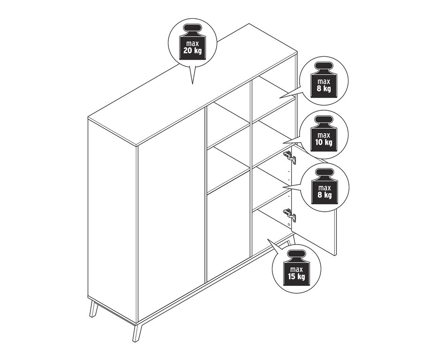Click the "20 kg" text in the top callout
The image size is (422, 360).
point(192,50)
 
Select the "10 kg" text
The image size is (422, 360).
point(324,142)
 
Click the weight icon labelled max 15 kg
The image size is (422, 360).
point(296,268)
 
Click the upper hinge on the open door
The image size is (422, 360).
point(290,157)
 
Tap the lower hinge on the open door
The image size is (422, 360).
point(290,215)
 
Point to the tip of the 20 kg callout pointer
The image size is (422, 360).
point(192,84)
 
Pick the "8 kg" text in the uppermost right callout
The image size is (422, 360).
point(324,88)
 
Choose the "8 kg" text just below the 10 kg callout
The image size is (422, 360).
point(324,195)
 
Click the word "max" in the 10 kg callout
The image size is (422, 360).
point(324,135)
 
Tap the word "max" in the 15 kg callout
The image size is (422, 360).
point(296,269)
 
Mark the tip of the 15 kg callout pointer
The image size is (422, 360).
point(267,238)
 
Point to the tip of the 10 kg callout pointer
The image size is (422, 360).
point(283,143)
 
